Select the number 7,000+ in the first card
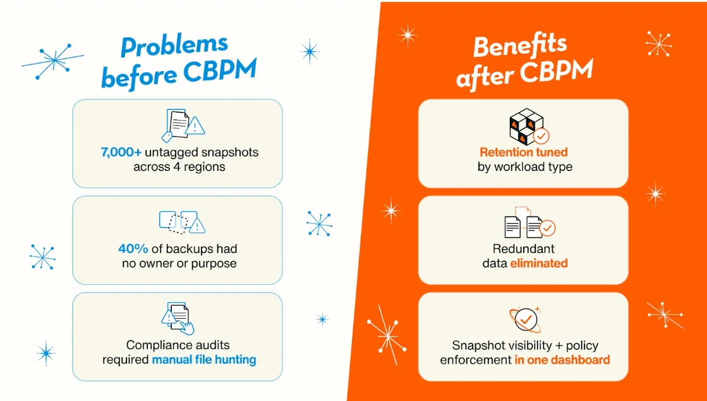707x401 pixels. point(121,152)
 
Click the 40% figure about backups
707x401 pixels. point(133,249)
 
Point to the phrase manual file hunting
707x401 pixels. point(204,360)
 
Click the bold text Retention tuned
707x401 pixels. point(523,152)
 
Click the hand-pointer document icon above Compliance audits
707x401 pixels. point(179,318)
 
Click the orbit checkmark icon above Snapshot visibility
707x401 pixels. point(524,320)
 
